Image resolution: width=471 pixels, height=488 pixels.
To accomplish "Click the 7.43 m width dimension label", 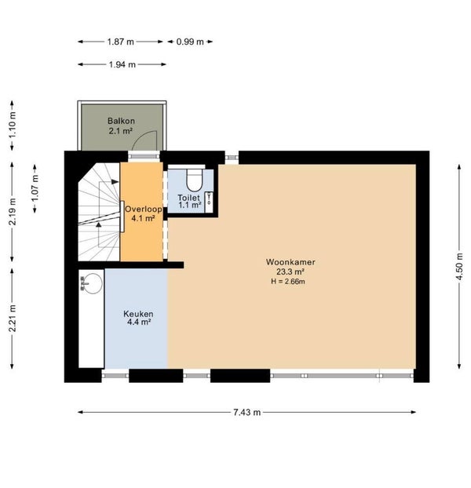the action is [x=246, y=412].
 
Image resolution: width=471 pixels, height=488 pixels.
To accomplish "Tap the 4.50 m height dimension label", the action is [x=459, y=267].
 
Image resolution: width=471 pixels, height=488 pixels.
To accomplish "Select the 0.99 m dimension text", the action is [x=190, y=42].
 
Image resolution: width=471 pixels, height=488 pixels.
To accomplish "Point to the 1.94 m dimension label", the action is [x=122, y=65].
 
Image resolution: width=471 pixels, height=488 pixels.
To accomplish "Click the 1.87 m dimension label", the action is [x=120, y=42].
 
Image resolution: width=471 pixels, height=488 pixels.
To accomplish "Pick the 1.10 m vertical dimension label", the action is [x=12, y=125].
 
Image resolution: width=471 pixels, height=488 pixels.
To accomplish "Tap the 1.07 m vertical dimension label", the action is [x=35, y=188].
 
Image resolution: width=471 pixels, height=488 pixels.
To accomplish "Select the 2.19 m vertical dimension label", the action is [x=12, y=212].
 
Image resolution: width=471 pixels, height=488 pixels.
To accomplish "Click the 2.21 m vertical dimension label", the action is [x=12, y=319].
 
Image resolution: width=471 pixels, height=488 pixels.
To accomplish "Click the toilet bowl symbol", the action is [x=195, y=180].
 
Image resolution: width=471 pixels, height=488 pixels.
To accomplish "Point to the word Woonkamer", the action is [x=290, y=262].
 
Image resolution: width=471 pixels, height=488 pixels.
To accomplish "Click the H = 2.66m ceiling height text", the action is [x=288, y=282].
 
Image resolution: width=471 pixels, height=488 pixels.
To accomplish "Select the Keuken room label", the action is [x=138, y=314].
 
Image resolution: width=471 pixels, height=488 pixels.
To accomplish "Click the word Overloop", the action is [x=143, y=209].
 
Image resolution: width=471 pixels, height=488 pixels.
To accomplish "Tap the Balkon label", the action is [x=121, y=121].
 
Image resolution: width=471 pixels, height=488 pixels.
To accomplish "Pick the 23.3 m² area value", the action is [x=290, y=271].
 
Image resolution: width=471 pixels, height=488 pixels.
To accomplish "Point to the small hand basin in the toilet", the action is [x=209, y=202].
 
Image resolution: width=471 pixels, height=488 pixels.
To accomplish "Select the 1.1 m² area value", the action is [x=190, y=205].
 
